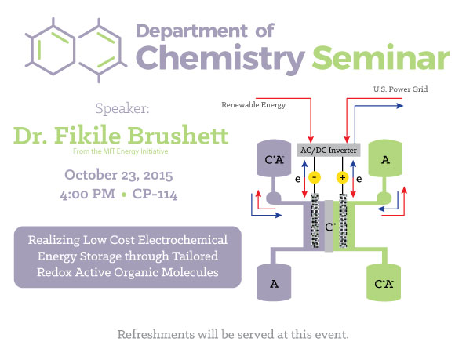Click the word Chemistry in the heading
tap(220, 60)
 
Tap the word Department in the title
tap(191, 31)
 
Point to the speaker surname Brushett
tap(178, 135)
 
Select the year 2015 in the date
tap(158, 175)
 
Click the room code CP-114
tap(155, 195)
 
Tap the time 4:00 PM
tap(87, 195)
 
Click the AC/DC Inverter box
tap(329, 150)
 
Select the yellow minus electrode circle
tap(315, 177)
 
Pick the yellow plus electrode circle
tap(342, 177)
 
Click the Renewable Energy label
tap(253, 105)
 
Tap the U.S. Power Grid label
tap(400, 89)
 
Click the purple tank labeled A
tap(274, 282)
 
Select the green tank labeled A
tap(385, 158)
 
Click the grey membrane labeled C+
tap(329, 226)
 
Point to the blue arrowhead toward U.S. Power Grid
tap(400, 106)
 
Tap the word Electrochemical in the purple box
tap(183, 240)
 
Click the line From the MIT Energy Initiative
tap(120, 151)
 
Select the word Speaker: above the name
tap(122, 108)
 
